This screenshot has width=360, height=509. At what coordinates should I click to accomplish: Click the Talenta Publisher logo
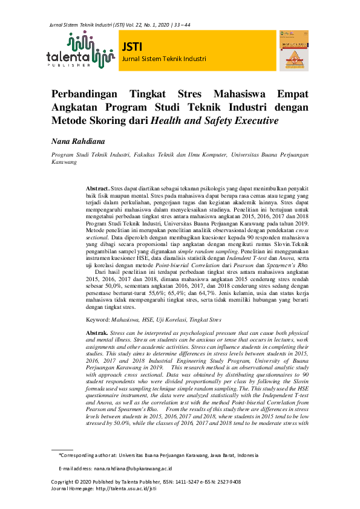tap(80, 52)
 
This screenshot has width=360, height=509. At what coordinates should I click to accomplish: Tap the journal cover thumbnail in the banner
tap(293, 53)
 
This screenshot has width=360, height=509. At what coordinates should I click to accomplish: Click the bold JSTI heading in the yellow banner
tap(132, 47)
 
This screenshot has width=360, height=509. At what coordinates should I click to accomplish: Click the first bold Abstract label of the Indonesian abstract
tap(97, 189)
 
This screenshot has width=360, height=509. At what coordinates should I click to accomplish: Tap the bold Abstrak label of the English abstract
tap(97, 333)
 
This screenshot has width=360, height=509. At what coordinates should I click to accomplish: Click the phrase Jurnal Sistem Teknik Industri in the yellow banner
tap(164, 59)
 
